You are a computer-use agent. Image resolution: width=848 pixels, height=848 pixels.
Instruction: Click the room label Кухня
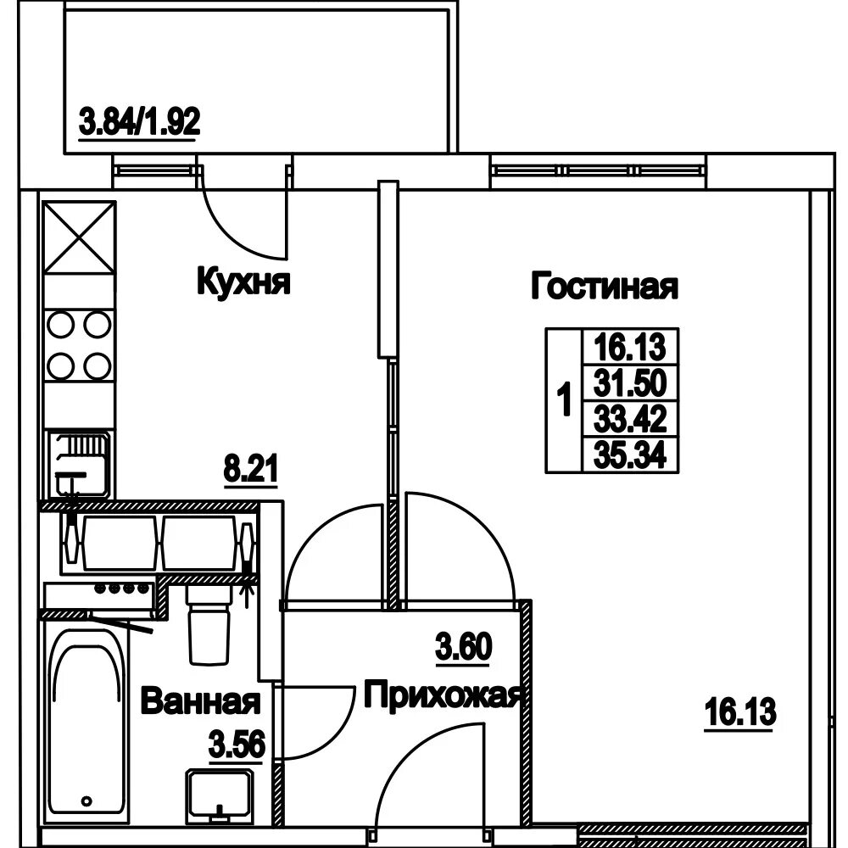click(x=243, y=282)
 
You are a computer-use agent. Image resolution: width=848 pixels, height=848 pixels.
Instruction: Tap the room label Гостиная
click(x=604, y=286)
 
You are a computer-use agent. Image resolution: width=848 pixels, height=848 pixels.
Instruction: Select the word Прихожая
click(x=444, y=696)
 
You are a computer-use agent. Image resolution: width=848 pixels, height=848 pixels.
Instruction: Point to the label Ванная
click(x=201, y=700)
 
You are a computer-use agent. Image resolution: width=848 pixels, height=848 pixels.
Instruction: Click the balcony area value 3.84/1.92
click(x=140, y=121)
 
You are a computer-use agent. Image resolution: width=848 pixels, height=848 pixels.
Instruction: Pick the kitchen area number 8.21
click(x=250, y=468)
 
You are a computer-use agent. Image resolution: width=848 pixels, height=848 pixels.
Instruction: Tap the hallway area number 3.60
click(x=464, y=647)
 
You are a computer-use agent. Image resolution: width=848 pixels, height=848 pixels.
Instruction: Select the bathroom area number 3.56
click(x=237, y=745)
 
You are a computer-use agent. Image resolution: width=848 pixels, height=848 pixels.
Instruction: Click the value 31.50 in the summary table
click(x=630, y=382)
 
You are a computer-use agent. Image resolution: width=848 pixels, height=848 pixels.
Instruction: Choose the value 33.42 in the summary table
click(x=630, y=419)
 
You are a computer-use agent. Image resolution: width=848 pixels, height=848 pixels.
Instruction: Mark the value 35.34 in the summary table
click(x=630, y=455)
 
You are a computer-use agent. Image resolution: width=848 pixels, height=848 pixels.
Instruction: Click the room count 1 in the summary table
click(x=564, y=400)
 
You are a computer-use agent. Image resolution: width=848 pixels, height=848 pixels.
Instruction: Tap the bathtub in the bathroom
click(x=86, y=725)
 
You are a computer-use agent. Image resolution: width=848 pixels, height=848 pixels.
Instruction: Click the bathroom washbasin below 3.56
click(x=220, y=795)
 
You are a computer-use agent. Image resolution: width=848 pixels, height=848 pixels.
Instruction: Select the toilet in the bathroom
click(x=209, y=625)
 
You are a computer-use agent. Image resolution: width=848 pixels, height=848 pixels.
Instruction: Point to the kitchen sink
click(x=79, y=464)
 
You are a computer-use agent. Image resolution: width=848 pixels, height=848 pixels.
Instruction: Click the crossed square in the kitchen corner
click(x=80, y=237)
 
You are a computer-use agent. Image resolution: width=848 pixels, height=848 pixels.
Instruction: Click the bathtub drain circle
click(x=86, y=801)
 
